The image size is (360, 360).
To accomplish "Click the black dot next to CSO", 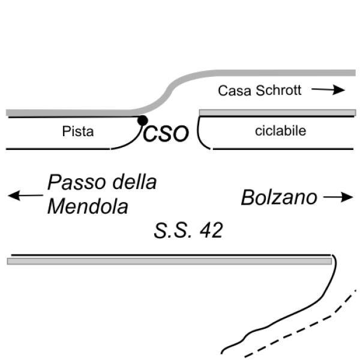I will (x=142, y=121).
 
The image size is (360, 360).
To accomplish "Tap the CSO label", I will (x=166, y=133).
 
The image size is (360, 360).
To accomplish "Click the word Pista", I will (x=78, y=131).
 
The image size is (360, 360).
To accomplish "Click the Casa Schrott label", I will (x=260, y=91).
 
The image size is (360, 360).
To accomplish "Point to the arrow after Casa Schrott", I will (x=329, y=90).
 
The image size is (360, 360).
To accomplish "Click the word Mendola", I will (x=88, y=206).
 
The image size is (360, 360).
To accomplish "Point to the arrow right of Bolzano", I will (x=338, y=197).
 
